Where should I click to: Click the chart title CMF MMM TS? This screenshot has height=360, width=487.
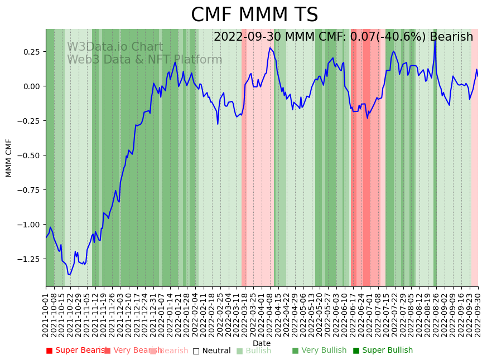[254, 15]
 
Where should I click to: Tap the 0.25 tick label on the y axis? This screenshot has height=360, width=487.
[32, 52]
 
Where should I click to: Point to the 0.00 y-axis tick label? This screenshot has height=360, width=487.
[32, 86]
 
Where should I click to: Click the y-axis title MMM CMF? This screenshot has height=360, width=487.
[9, 158]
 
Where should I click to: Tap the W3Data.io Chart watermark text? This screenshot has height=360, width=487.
[115, 47]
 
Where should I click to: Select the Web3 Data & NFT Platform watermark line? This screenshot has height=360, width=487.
[144, 60]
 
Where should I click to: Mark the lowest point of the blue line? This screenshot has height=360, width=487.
[69, 274]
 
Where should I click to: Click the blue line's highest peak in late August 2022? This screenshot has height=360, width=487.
[435, 38]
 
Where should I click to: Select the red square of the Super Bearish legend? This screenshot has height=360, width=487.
[49, 351]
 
